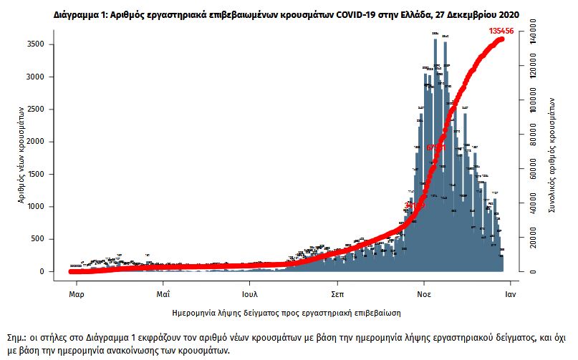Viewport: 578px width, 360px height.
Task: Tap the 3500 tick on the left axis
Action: [37, 44]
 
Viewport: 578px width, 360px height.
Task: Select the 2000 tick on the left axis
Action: [37, 142]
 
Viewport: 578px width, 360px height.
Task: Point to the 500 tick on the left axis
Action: [40, 239]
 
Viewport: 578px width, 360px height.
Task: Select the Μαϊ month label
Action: [163, 294]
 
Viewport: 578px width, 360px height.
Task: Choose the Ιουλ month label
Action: [249, 294]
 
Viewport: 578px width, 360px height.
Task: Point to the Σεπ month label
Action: [337, 294]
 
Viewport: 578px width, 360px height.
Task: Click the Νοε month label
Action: [423, 294]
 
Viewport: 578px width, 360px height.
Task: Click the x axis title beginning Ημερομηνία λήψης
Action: [286, 313]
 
